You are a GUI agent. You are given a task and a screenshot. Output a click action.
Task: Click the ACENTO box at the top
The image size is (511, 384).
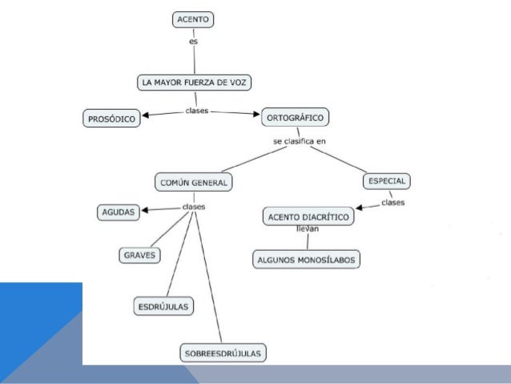pyautogui.click(x=194, y=19)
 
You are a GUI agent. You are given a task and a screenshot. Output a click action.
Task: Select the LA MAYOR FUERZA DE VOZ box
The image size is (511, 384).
pyautogui.click(x=196, y=83)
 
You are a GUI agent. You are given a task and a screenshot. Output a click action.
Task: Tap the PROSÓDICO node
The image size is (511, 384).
pyautogui.click(x=111, y=119)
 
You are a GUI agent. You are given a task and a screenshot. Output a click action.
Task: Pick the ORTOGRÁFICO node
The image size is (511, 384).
pyautogui.click(x=295, y=118)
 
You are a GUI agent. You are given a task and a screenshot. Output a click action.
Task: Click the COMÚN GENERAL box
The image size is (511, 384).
pyautogui.click(x=193, y=183)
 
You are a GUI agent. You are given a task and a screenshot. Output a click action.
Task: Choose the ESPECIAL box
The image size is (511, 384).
pyautogui.click(x=388, y=181)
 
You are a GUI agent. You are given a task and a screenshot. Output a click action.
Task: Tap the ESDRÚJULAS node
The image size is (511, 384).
pyautogui.click(x=163, y=306)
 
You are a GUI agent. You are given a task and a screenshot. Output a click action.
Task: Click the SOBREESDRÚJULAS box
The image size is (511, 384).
pyautogui.click(x=223, y=352)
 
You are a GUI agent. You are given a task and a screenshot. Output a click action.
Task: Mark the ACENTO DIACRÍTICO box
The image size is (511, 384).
pyautogui.click(x=308, y=216)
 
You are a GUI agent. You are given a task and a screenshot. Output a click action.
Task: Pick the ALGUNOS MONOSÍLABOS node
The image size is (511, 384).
pyautogui.click(x=307, y=260)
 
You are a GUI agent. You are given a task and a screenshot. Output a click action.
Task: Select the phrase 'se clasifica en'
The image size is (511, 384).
pyautogui.click(x=300, y=142)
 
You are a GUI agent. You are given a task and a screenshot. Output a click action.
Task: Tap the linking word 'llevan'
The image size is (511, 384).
pyautogui.click(x=308, y=230)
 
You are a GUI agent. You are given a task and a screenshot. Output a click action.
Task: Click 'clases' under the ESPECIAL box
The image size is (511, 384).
pyautogui.click(x=392, y=203)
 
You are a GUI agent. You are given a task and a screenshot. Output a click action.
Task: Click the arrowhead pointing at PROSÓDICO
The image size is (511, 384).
pyautogui.click(x=147, y=115)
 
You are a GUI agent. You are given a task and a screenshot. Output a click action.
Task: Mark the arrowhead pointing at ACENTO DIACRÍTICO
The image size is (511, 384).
pyautogui.click(x=360, y=211)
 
